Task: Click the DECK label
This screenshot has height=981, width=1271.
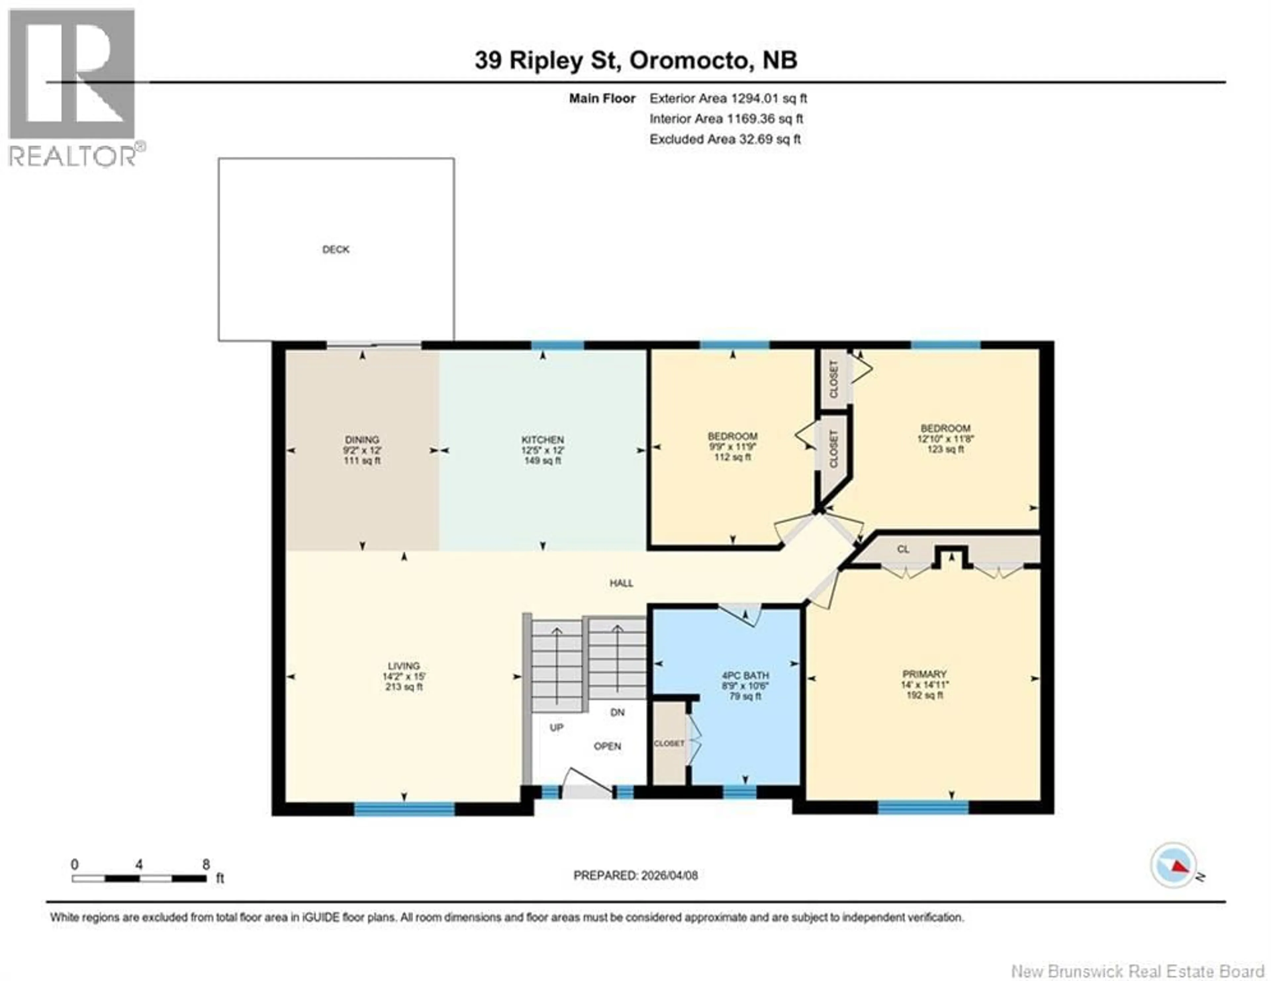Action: point(336,250)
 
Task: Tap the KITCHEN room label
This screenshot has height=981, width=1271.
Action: point(542,440)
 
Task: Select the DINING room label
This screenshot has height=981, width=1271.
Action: point(362,440)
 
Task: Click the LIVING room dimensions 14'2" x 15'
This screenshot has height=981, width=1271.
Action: point(404,677)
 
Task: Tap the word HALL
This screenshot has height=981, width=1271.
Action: point(621,583)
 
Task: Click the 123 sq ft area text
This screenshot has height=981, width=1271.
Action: point(945,449)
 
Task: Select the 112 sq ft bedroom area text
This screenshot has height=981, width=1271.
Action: point(732,457)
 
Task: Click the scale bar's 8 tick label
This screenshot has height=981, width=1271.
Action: point(206,864)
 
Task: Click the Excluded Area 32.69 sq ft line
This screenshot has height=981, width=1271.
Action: point(725,139)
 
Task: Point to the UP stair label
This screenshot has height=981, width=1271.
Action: point(556,727)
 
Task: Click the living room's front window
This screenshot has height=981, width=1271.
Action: point(404,809)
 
